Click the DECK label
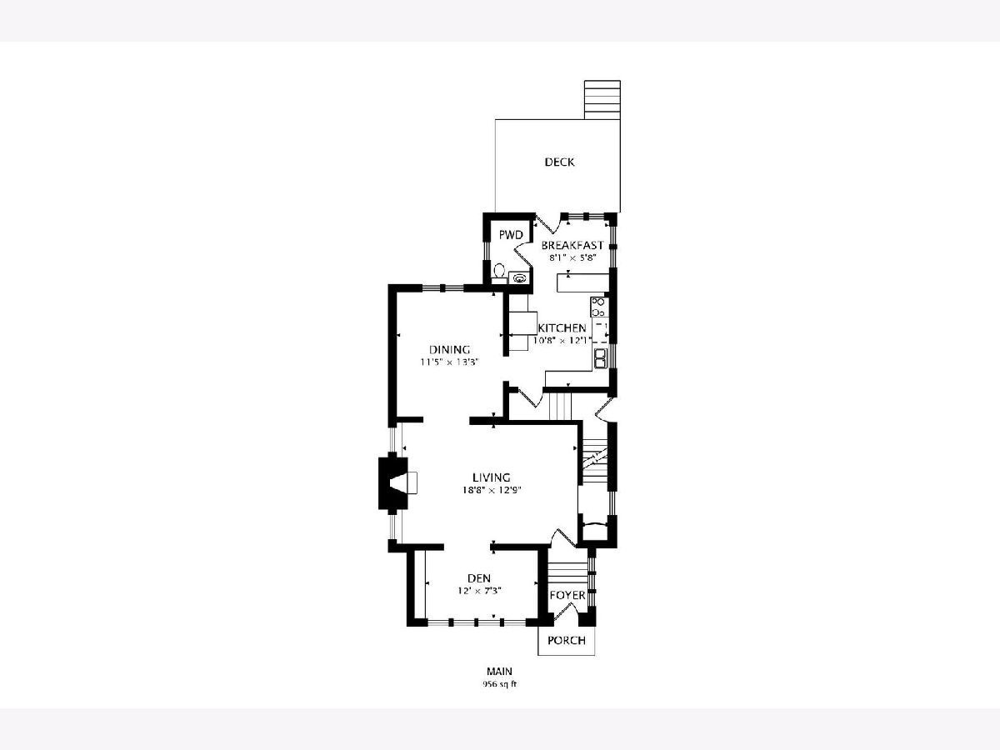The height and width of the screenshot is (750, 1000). click(559, 162)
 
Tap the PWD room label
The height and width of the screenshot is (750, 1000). click(510, 235)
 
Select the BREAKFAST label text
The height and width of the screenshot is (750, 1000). click(572, 246)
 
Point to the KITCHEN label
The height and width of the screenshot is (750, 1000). click(562, 327)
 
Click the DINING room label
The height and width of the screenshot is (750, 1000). click(449, 350)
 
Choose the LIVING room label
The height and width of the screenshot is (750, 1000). click(491, 477)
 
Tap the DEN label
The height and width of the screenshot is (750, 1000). click(479, 578)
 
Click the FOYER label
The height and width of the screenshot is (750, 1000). click(567, 595)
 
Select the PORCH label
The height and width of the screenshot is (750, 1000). click(567, 641)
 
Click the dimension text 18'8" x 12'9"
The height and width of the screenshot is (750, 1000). click(491, 491)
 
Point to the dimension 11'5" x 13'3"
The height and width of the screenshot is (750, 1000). click(449, 362)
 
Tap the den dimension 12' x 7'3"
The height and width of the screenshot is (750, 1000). click(479, 591)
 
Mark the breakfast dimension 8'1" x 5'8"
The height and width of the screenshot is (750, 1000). click(572, 257)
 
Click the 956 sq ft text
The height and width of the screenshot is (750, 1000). click(500, 684)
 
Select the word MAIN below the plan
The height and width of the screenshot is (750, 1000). click(499, 671)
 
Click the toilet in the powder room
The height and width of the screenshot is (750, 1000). click(499, 272)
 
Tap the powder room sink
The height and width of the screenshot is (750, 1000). click(520, 277)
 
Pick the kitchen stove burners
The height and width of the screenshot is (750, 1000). click(598, 307)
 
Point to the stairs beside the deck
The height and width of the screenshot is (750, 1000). click(602, 100)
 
